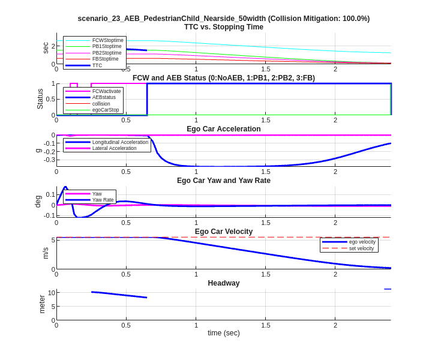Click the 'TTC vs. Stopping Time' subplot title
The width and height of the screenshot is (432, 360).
click(x=223, y=27)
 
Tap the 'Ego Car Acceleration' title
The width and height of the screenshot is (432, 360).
click(x=223, y=129)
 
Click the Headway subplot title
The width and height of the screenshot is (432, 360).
click(x=223, y=283)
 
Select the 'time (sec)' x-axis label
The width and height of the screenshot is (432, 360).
click(x=223, y=333)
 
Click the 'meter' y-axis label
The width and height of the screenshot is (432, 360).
click(x=42, y=304)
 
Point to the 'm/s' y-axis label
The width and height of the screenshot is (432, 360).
click(x=45, y=253)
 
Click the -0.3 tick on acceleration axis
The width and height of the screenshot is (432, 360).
click(x=49, y=160)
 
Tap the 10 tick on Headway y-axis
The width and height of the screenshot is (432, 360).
click(x=52, y=293)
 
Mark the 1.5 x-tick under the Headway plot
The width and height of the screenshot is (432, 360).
click(x=265, y=325)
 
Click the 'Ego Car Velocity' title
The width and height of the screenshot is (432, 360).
click(x=223, y=232)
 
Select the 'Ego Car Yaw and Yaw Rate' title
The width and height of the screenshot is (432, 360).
click(x=223, y=181)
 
